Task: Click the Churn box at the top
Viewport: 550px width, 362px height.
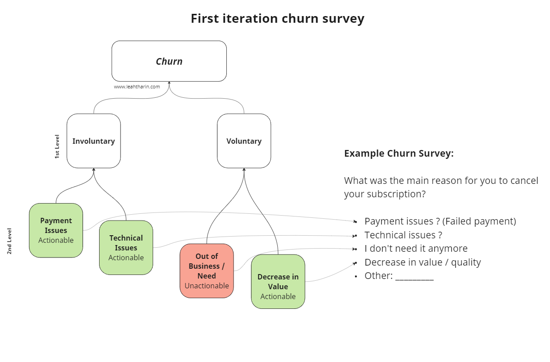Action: (169, 61)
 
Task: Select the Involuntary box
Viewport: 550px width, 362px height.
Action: (94, 141)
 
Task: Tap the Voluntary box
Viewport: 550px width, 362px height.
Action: (244, 141)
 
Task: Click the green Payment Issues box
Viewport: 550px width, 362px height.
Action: (56, 230)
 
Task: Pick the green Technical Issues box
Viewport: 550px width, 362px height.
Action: (126, 248)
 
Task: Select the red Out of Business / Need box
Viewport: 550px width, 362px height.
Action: (207, 271)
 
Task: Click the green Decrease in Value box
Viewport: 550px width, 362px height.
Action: (278, 282)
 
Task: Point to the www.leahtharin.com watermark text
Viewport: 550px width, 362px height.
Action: (137, 87)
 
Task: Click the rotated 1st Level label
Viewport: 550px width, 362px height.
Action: (57, 146)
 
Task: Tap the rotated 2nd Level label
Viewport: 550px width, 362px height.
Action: (9, 241)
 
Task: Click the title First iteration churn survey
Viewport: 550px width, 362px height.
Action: (277, 19)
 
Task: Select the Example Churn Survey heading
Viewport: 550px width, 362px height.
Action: (399, 154)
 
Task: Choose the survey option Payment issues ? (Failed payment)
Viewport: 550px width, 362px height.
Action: (440, 221)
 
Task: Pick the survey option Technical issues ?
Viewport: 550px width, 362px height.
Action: (403, 235)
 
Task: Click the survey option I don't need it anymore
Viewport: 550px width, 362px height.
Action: (416, 249)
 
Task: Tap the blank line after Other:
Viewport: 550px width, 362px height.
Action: (414, 277)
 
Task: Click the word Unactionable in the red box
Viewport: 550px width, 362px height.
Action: (207, 286)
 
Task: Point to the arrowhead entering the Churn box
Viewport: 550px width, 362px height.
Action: (169, 83)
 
